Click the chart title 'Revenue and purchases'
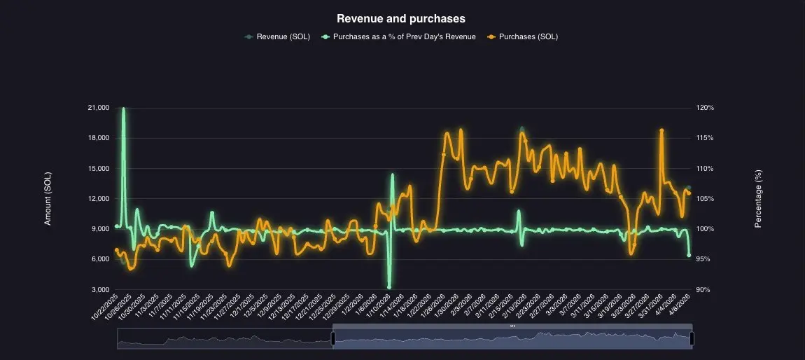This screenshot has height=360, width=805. (x=401, y=18)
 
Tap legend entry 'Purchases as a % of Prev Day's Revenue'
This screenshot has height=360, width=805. (x=404, y=36)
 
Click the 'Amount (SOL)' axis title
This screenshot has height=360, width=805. (x=48, y=199)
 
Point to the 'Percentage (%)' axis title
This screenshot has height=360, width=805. (x=757, y=199)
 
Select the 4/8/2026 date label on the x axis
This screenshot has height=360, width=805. (x=679, y=305)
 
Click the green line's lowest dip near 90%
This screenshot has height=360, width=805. (x=389, y=286)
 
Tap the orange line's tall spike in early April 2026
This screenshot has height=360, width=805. (x=661, y=131)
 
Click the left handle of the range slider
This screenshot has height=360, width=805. (x=333, y=338)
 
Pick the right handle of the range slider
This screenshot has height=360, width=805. (x=692, y=338)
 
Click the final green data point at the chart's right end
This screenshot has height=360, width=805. (x=689, y=255)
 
